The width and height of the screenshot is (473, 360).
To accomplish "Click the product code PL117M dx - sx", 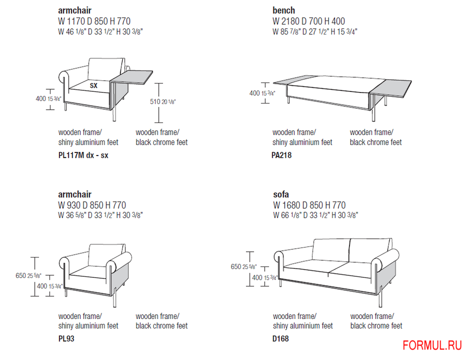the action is coord(83,155).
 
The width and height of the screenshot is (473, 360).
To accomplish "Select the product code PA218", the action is coord(282,155).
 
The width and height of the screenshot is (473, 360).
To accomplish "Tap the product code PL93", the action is coord(66,338).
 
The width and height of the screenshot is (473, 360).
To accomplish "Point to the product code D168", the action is coord(281,338).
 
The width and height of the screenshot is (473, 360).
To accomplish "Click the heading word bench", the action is coord(284,11).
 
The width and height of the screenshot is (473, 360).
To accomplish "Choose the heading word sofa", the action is coord(281,194).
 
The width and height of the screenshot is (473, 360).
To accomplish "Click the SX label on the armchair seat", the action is coord(94,86).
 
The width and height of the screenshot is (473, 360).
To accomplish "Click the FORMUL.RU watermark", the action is coord(432,345).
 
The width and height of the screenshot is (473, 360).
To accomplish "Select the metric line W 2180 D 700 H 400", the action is coord(309,21).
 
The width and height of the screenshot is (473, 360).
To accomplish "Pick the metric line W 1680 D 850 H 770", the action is coord(309,205).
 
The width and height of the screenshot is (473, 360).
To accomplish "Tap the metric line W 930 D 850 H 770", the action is coord(92,205).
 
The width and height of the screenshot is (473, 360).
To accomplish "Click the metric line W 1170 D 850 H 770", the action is coord(94,21).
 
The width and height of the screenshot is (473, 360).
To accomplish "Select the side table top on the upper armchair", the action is coord(131,78).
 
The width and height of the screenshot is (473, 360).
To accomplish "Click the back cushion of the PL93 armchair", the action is coord(106,255).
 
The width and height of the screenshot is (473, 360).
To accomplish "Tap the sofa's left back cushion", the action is coord(331,251).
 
